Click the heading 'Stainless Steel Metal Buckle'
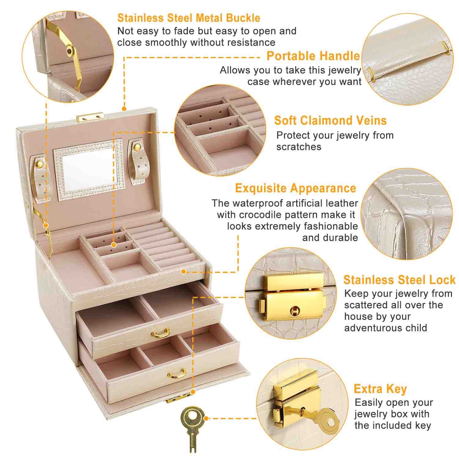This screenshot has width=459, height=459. (188, 18)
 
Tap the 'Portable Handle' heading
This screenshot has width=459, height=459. (313, 56)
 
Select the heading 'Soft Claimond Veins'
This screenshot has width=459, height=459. (330, 121)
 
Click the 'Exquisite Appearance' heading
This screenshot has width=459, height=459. (295, 188)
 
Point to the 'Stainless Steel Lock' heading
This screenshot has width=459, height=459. (399, 280)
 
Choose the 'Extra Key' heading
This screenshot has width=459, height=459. (380, 389)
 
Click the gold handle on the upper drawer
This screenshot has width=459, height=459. (161, 333)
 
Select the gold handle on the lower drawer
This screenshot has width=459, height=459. (177, 374)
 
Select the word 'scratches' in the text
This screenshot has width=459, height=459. (299, 147)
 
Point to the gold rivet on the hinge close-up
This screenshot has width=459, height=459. (71, 51)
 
